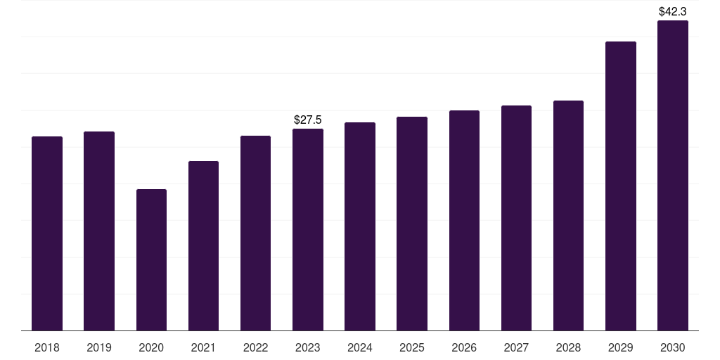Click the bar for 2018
click(47, 233)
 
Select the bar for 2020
click(151, 260)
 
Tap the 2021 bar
click(203, 246)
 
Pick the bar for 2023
click(308, 230)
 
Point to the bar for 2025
click(412, 224)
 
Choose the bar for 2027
click(516, 218)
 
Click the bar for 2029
click(620, 186)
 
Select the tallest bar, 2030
click(672, 176)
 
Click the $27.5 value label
click(308, 120)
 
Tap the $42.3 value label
click(672, 12)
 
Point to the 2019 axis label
click(99, 347)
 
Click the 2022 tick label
click(255, 347)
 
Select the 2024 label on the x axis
click(360, 347)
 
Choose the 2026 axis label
click(464, 347)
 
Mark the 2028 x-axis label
click(568, 347)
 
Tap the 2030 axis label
click(672, 347)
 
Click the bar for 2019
click(99, 231)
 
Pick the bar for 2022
click(255, 233)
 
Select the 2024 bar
click(360, 226)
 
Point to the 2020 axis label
click(151, 347)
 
